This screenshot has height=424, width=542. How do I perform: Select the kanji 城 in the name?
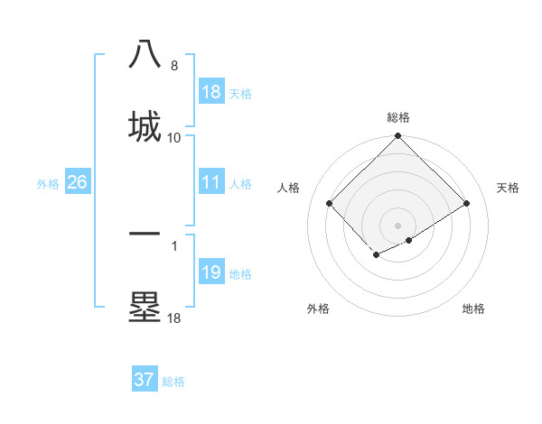tap(145, 124)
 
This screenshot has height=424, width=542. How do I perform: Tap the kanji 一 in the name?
tap(145, 233)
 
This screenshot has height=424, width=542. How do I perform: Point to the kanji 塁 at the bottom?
tap(145, 306)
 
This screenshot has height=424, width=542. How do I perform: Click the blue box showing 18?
tap(211, 92)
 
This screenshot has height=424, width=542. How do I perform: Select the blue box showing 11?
tap(211, 182)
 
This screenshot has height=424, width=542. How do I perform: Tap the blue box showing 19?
tap(211, 272)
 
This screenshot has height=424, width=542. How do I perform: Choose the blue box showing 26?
tap(78, 182)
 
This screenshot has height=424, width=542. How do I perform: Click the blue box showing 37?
tap(145, 380)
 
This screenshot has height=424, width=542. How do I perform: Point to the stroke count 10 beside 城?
tap(174, 137)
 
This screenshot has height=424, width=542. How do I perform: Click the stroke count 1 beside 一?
tap(174, 244)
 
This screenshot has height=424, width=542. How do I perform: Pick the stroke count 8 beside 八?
tap(174, 66)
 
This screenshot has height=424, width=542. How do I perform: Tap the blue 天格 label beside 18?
tap(240, 93)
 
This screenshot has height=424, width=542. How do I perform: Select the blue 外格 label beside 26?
tap(48, 183)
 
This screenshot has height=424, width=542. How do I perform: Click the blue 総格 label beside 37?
tap(173, 381)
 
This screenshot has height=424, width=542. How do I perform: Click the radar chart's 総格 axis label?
tap(398, 117)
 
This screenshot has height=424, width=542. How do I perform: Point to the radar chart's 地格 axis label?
tap(473, 309)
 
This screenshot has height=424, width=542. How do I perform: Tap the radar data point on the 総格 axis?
tap(398, 137)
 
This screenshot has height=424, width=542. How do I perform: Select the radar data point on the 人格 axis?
tap(330, 204)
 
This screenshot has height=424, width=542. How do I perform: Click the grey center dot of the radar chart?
tap(398, 225)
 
